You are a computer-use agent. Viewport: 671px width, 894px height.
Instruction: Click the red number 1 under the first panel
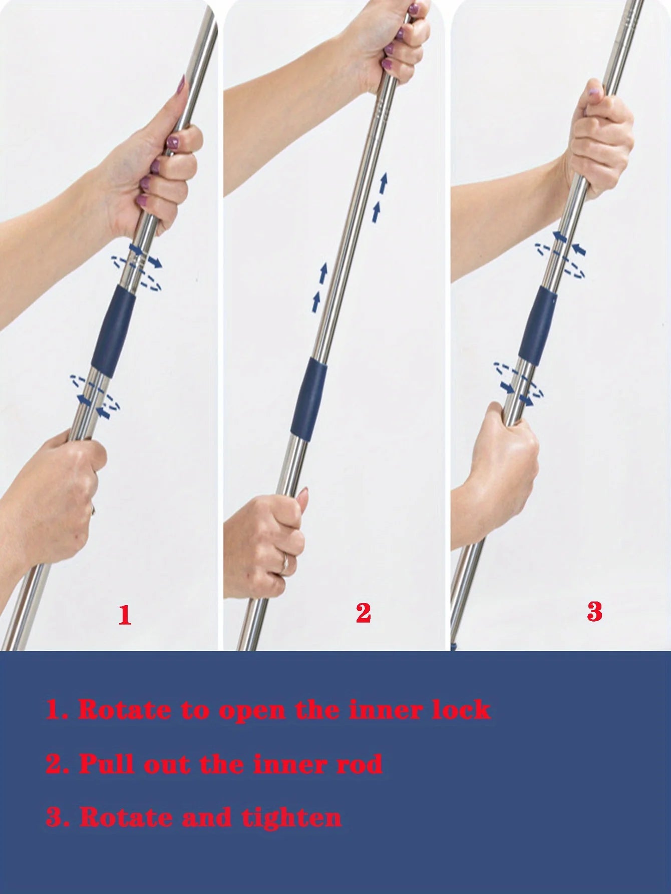(x=125, y=615)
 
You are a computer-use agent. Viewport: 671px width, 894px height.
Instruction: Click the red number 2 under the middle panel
(x=363, y=613)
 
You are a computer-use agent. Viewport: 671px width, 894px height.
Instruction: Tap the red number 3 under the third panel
(x=594, y=612)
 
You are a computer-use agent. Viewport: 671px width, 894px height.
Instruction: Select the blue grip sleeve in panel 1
(x=114, y=331)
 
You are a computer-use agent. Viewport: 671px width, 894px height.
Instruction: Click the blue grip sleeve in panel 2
(x=309, y=399)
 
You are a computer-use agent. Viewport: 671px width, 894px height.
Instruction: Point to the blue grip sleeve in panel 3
(x=537, y=326)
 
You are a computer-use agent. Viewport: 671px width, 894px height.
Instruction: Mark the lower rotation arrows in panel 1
(x=95, y=396)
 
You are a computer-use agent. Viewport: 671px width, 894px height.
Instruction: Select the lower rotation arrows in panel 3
(x=519, y=383)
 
